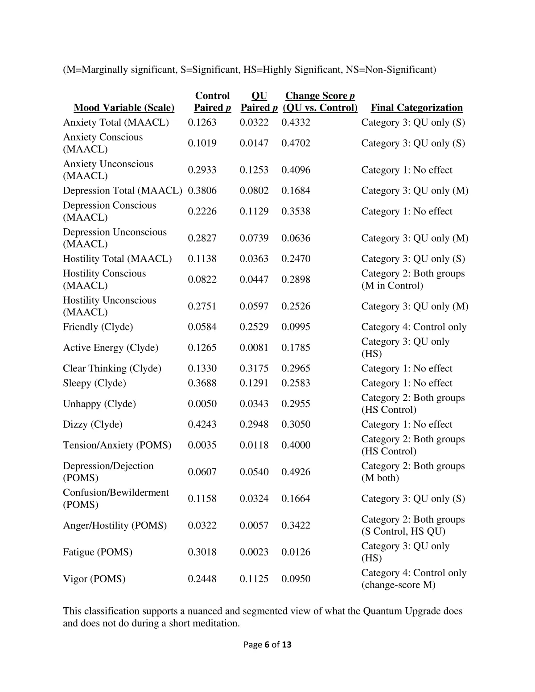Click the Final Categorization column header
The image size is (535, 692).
click(x=416, y=108)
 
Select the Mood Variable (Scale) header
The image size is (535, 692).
click(x=124, y=108)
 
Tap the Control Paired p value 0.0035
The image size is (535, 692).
click(x=202, y=445)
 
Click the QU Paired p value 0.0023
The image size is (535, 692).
click(x=254, y=552)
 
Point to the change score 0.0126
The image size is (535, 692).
click(x=296, y=552)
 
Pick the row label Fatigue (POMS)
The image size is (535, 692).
click(x=98, y=552)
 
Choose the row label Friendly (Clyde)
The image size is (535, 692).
click(x=98, y=327)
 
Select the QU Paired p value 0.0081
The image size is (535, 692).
click(x=254, y=348)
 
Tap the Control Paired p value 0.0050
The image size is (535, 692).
click(x=202, y=404)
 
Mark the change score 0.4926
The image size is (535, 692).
click(x=296, y=472)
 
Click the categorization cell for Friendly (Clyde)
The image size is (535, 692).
click(x=414, y=327)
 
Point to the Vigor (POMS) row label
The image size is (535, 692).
click(x=94, y=579)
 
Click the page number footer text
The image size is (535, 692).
click(x=267, y=644)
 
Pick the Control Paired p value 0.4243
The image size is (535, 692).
click(x=202, y=424)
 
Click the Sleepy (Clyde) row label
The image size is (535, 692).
click(x=95, y=383)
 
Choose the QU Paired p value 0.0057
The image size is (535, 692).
click(x=254, y=525)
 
